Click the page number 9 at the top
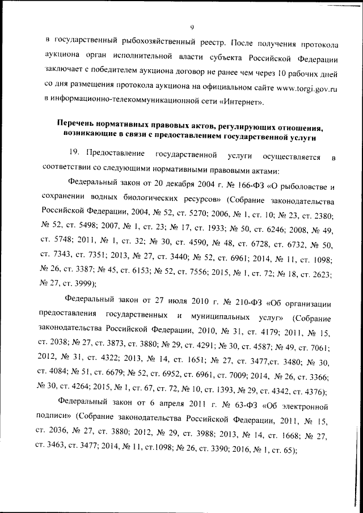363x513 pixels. click(x=192, y=27)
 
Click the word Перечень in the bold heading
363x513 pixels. click(x=77, y=124)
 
